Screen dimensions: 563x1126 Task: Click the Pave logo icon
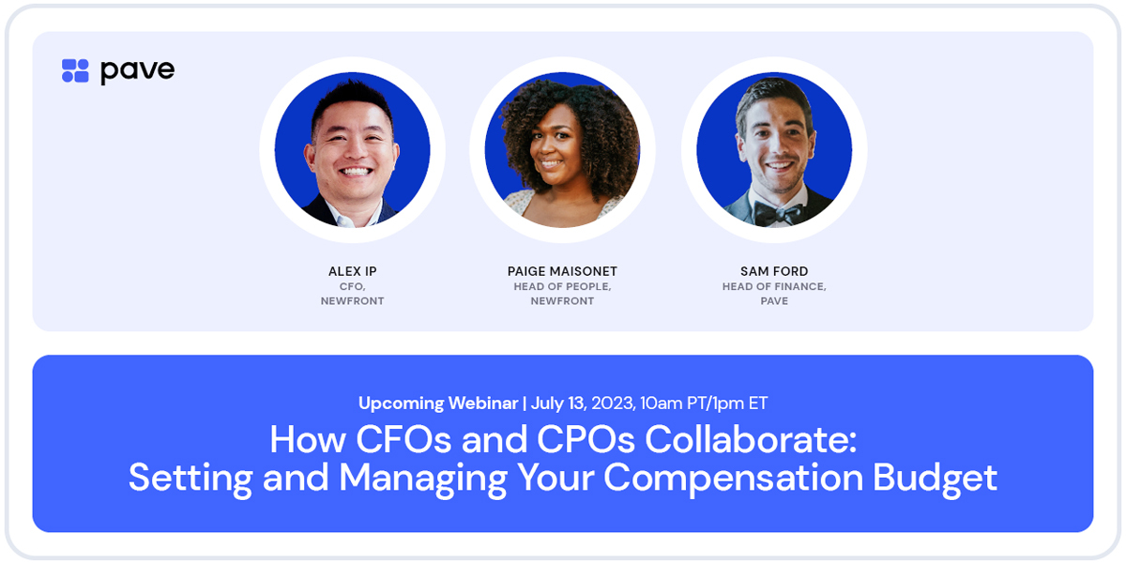point(75,70)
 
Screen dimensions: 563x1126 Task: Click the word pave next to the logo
point(137,70)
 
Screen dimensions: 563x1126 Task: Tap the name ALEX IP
point(353,271)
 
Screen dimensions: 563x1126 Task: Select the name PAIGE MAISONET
point(562,271)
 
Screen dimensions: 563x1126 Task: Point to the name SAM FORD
point(774,271)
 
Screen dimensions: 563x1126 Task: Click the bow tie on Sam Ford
point(777,215)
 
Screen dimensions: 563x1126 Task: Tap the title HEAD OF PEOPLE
point(562,286)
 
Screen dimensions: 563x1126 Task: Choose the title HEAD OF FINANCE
point(774,286)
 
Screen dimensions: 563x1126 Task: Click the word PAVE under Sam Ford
point(774,301)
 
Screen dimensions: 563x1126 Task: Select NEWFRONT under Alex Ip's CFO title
point(353,301)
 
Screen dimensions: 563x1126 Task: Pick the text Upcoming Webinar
point(438,403)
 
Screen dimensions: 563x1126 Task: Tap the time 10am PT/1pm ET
point(704,403)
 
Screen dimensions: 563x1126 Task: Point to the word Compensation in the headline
point(733,478)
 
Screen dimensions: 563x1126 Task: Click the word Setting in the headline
point(191,478)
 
